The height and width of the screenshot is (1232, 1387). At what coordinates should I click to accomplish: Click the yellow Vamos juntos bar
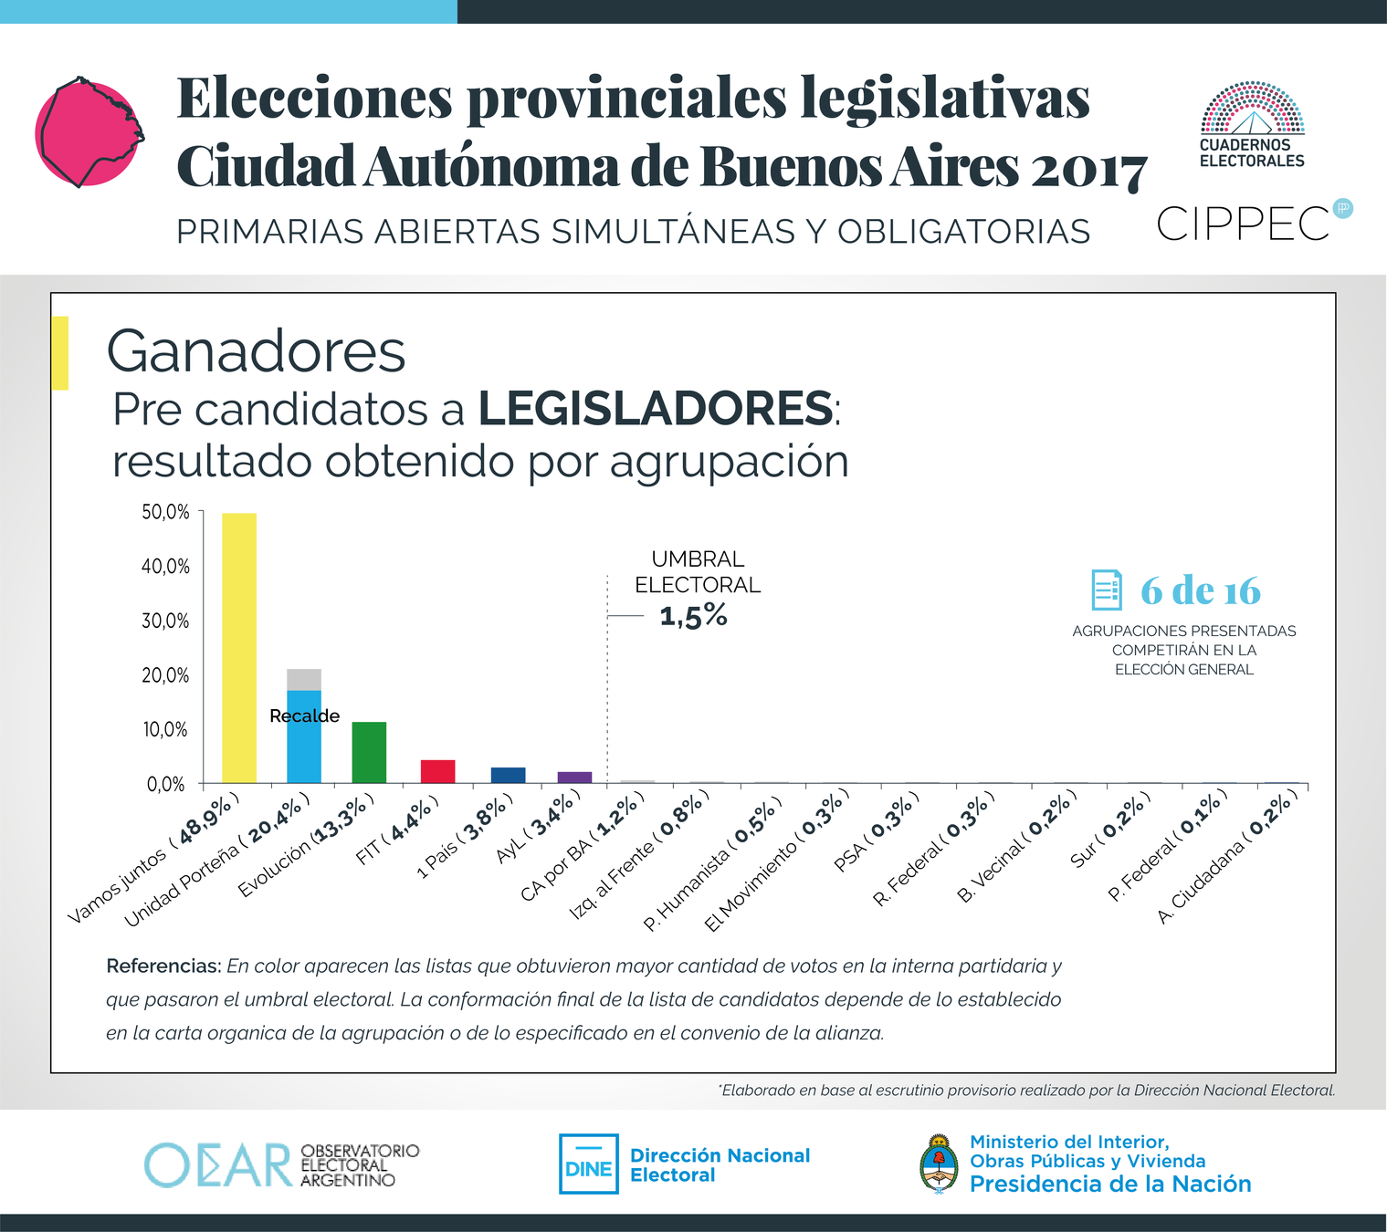point(239,648)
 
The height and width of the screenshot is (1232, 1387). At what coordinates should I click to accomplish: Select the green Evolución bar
point(369,752)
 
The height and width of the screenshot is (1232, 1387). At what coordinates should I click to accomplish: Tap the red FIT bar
point(437,771)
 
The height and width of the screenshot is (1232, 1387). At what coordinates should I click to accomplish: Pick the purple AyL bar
point(574,778)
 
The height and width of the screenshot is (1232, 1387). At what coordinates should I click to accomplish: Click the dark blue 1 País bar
point(508,775)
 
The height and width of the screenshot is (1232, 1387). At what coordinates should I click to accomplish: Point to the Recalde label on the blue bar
point(304,716)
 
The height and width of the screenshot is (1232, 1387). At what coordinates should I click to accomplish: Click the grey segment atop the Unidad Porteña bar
point(304,680)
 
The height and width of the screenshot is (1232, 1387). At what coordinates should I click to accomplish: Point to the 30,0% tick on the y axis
point(166,621)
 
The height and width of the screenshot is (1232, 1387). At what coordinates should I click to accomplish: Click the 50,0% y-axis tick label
point(166,513)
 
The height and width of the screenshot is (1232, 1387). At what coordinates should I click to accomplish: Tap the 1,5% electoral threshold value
point(694,617)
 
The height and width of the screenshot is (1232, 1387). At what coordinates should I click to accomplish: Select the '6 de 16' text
point(1200,591)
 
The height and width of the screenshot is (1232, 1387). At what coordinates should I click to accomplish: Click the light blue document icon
point(1107,590)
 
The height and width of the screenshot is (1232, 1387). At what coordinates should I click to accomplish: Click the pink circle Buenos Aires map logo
point(88,133)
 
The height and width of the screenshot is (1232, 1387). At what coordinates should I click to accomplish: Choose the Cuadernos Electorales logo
point(1252,126)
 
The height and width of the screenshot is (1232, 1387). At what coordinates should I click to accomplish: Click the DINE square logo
point(588,1164)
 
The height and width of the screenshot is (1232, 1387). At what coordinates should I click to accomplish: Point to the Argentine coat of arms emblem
point(939,1164)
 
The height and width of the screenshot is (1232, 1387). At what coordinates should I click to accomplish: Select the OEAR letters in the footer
point(219,1164)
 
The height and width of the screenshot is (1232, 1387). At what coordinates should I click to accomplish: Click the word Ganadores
point(256,351)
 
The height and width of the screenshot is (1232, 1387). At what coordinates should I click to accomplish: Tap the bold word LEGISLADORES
point(655,409)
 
